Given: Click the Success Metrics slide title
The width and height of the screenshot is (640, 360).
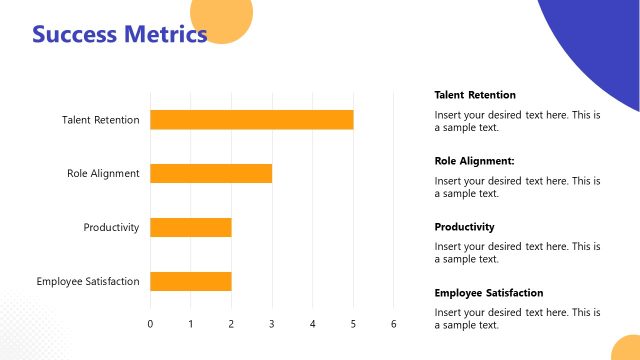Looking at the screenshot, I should [120, 35].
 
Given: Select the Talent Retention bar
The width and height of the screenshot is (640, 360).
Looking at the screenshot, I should [251, 120].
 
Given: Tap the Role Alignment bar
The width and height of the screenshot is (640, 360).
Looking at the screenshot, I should [211, 173].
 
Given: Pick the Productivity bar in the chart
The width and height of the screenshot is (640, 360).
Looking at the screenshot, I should [190, 227].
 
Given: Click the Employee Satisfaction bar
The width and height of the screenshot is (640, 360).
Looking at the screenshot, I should [190, 281].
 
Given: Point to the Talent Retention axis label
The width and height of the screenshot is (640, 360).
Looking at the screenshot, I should [100, 120].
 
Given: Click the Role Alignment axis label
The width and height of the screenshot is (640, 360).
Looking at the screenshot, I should [103, 173].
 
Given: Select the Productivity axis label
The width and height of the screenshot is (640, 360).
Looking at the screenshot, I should [111, 227].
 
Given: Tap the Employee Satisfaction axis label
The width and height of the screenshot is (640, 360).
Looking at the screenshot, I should [88, 281].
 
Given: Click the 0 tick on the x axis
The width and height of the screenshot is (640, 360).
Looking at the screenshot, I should [150, 323].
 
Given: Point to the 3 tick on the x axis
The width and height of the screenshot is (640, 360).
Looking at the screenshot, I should [272, 323].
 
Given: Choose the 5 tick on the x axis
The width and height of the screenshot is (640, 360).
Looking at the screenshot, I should [353, 323].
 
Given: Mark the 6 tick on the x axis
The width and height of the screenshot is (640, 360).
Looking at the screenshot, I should [394, 323].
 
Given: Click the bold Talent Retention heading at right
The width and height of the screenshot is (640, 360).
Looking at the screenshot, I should [475, 95].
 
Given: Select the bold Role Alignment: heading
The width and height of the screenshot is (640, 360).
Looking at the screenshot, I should [474, 161].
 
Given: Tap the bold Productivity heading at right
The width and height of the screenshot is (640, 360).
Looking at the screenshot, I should [464, 227].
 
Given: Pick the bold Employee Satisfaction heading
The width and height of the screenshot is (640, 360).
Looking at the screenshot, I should [489, 293].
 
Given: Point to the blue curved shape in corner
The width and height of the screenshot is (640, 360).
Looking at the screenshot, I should [600, 40].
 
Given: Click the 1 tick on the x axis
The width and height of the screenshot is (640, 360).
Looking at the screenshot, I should [191, 323].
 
